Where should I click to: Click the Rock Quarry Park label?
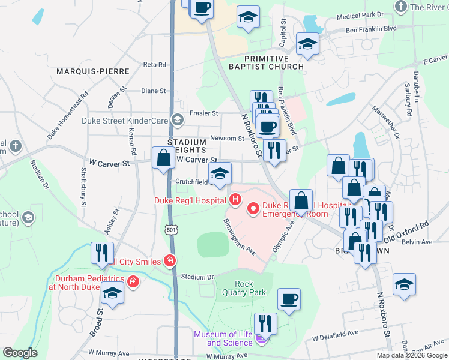[x=244, y=288]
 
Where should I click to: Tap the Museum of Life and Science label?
[x=222, y=338]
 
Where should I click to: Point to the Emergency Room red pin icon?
[x=253, y=209]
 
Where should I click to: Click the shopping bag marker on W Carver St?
[x=163, y=159]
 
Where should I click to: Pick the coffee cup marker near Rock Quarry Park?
[x=289, y=299]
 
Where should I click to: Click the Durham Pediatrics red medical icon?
[x=133, y=281]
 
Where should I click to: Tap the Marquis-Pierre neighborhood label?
[x=93, y=71]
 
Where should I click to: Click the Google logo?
[x=20, y=353]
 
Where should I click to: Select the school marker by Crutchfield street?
[x=220, y=173]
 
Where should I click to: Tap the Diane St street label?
[x=153, y=91]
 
